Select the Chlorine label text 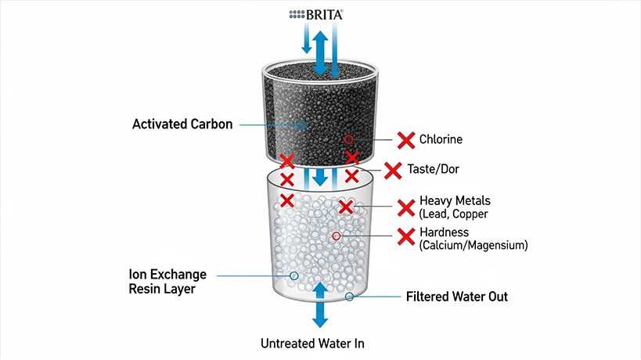(441, 140)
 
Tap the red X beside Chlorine (406, 141)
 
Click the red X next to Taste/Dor (394, 169)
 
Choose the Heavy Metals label (455, 200)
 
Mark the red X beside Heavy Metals (406, 207)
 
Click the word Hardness (444, 232)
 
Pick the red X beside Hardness (406, 237)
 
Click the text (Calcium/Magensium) (474, 246)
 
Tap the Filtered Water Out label (457, 297)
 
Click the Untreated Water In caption (312, 344)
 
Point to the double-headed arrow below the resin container (320, 305)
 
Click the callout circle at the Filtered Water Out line (349, 297)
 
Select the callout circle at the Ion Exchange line (293, 275)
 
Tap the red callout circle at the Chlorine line (349, 139)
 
